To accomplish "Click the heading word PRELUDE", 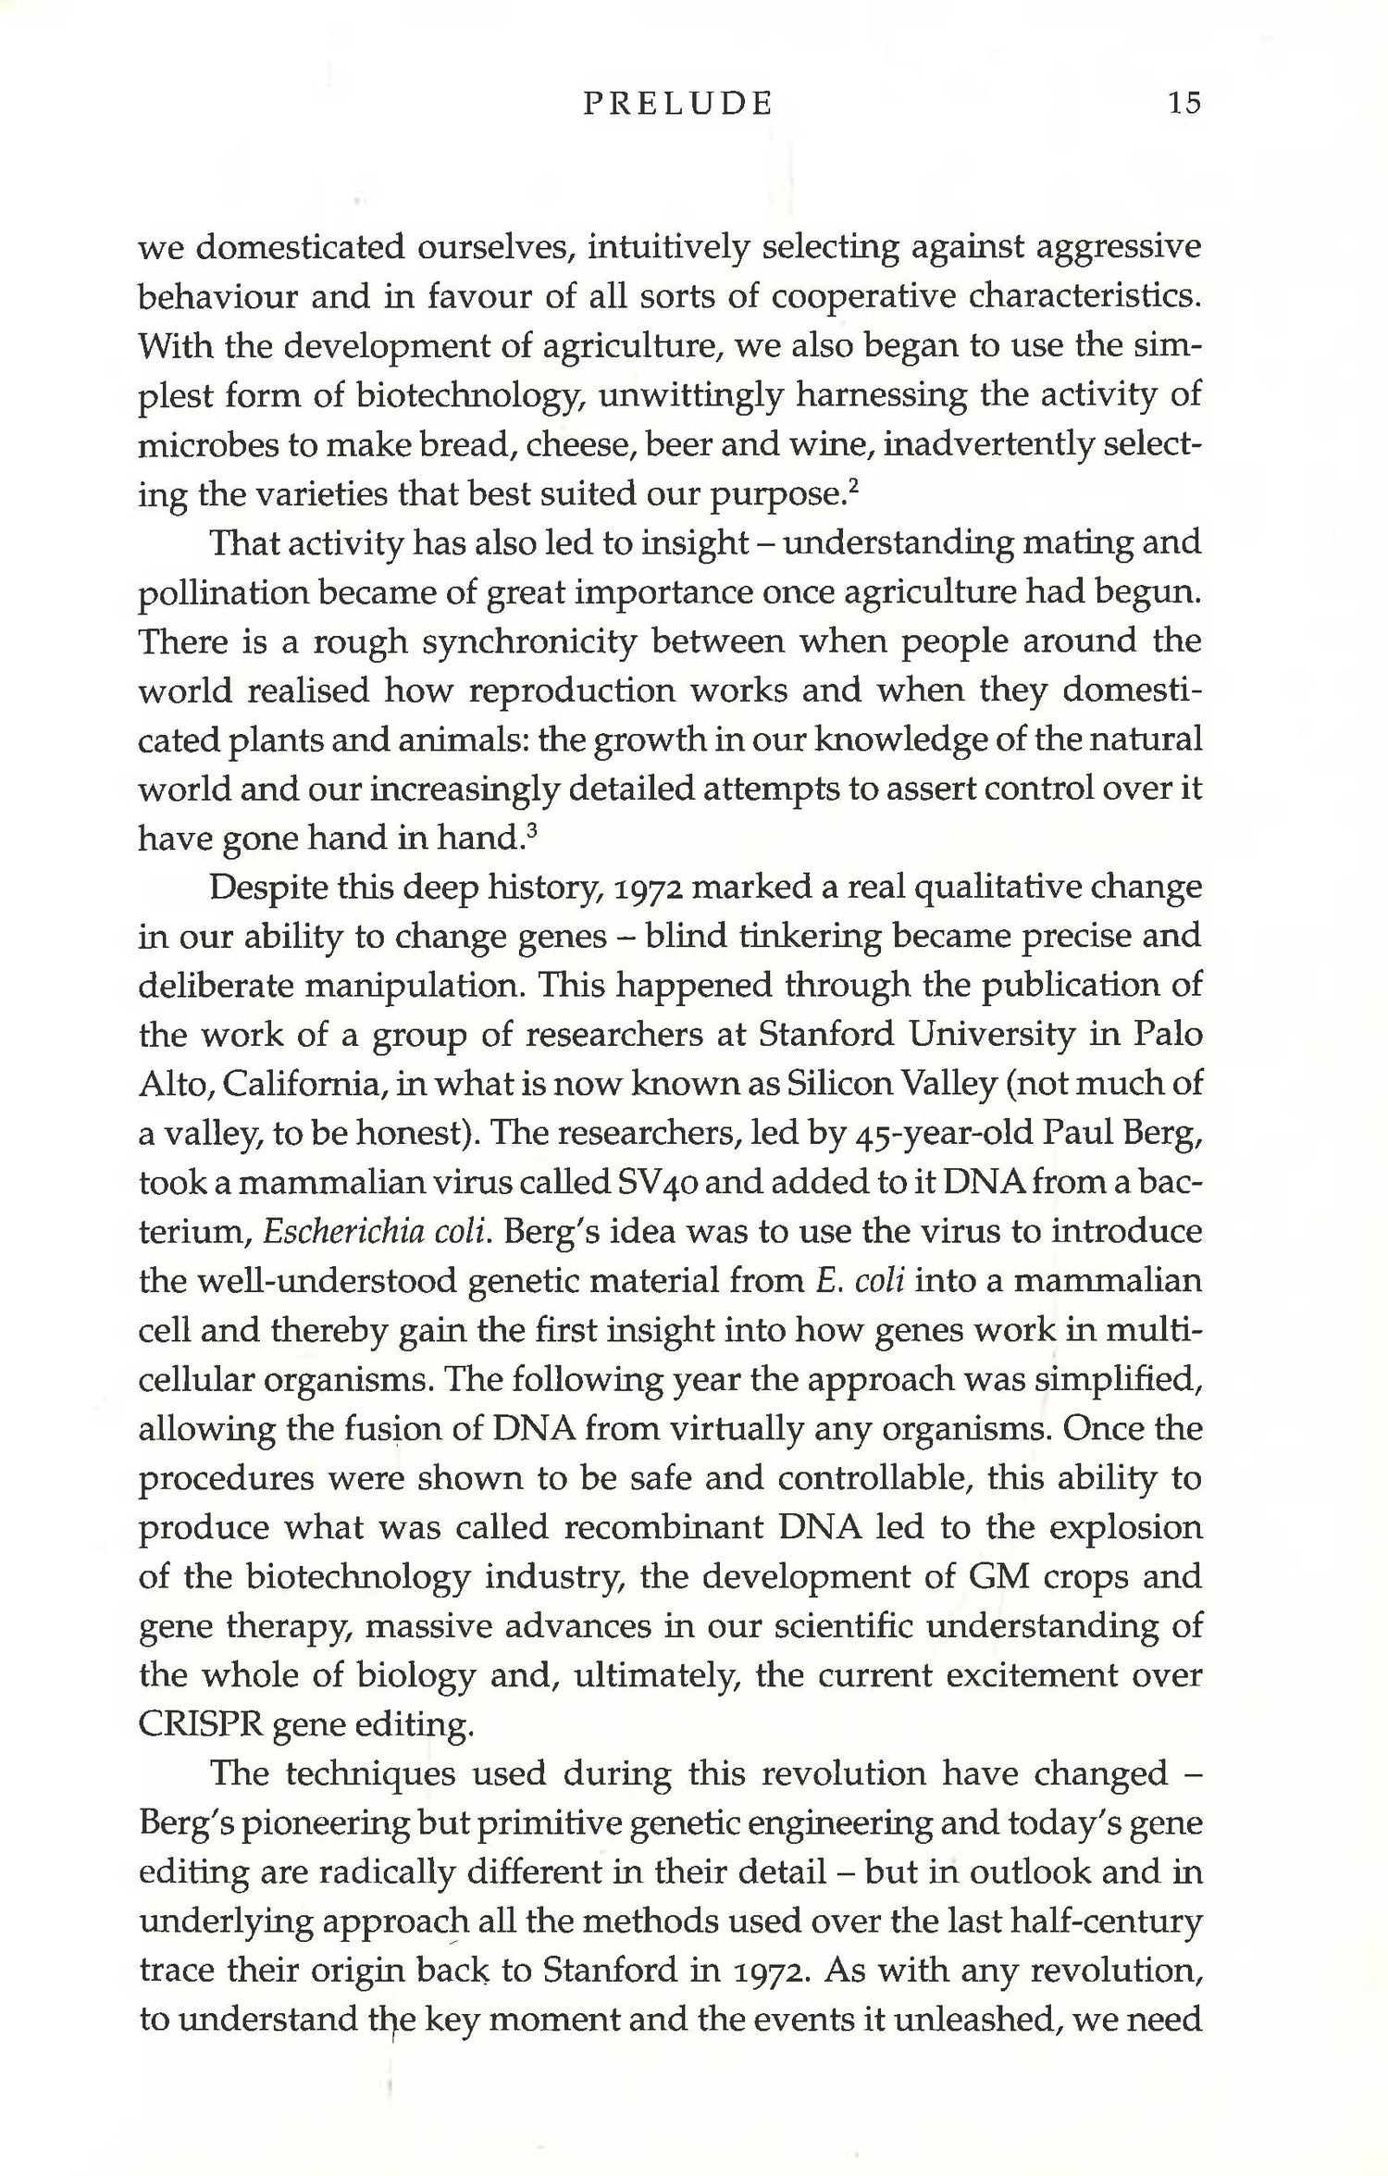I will click(677, 104).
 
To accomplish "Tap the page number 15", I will click(1184, 103).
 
